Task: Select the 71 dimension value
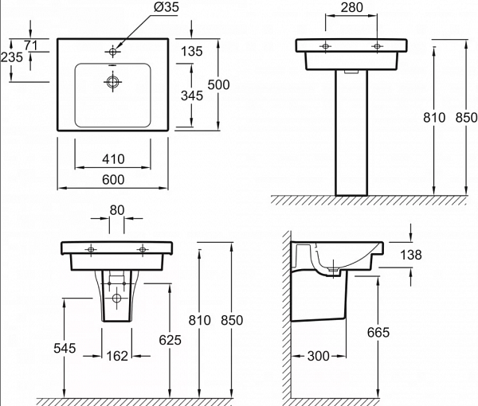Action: coord(31,45)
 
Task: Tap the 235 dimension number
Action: coord(10,57)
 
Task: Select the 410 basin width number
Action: coord(114,159)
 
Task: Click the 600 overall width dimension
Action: coord(114,180)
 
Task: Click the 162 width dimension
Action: coord(116,356)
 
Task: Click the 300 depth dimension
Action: coord(319,356)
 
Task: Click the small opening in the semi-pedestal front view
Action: coord(116,299)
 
